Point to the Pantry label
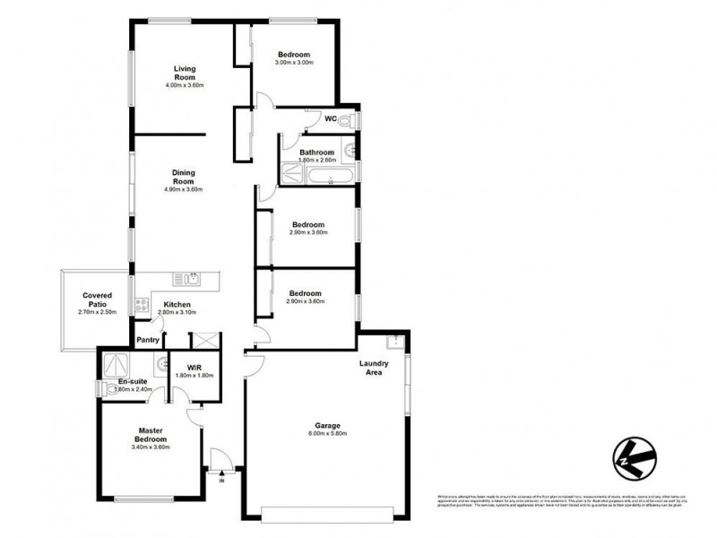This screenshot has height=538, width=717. (x=147, y=341)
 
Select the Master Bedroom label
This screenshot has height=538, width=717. (x=149, y=434)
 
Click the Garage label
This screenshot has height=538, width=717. (x=326, y=426)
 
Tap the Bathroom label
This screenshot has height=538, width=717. (x=317, y=152)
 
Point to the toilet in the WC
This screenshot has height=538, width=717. (x=351, y=118)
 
